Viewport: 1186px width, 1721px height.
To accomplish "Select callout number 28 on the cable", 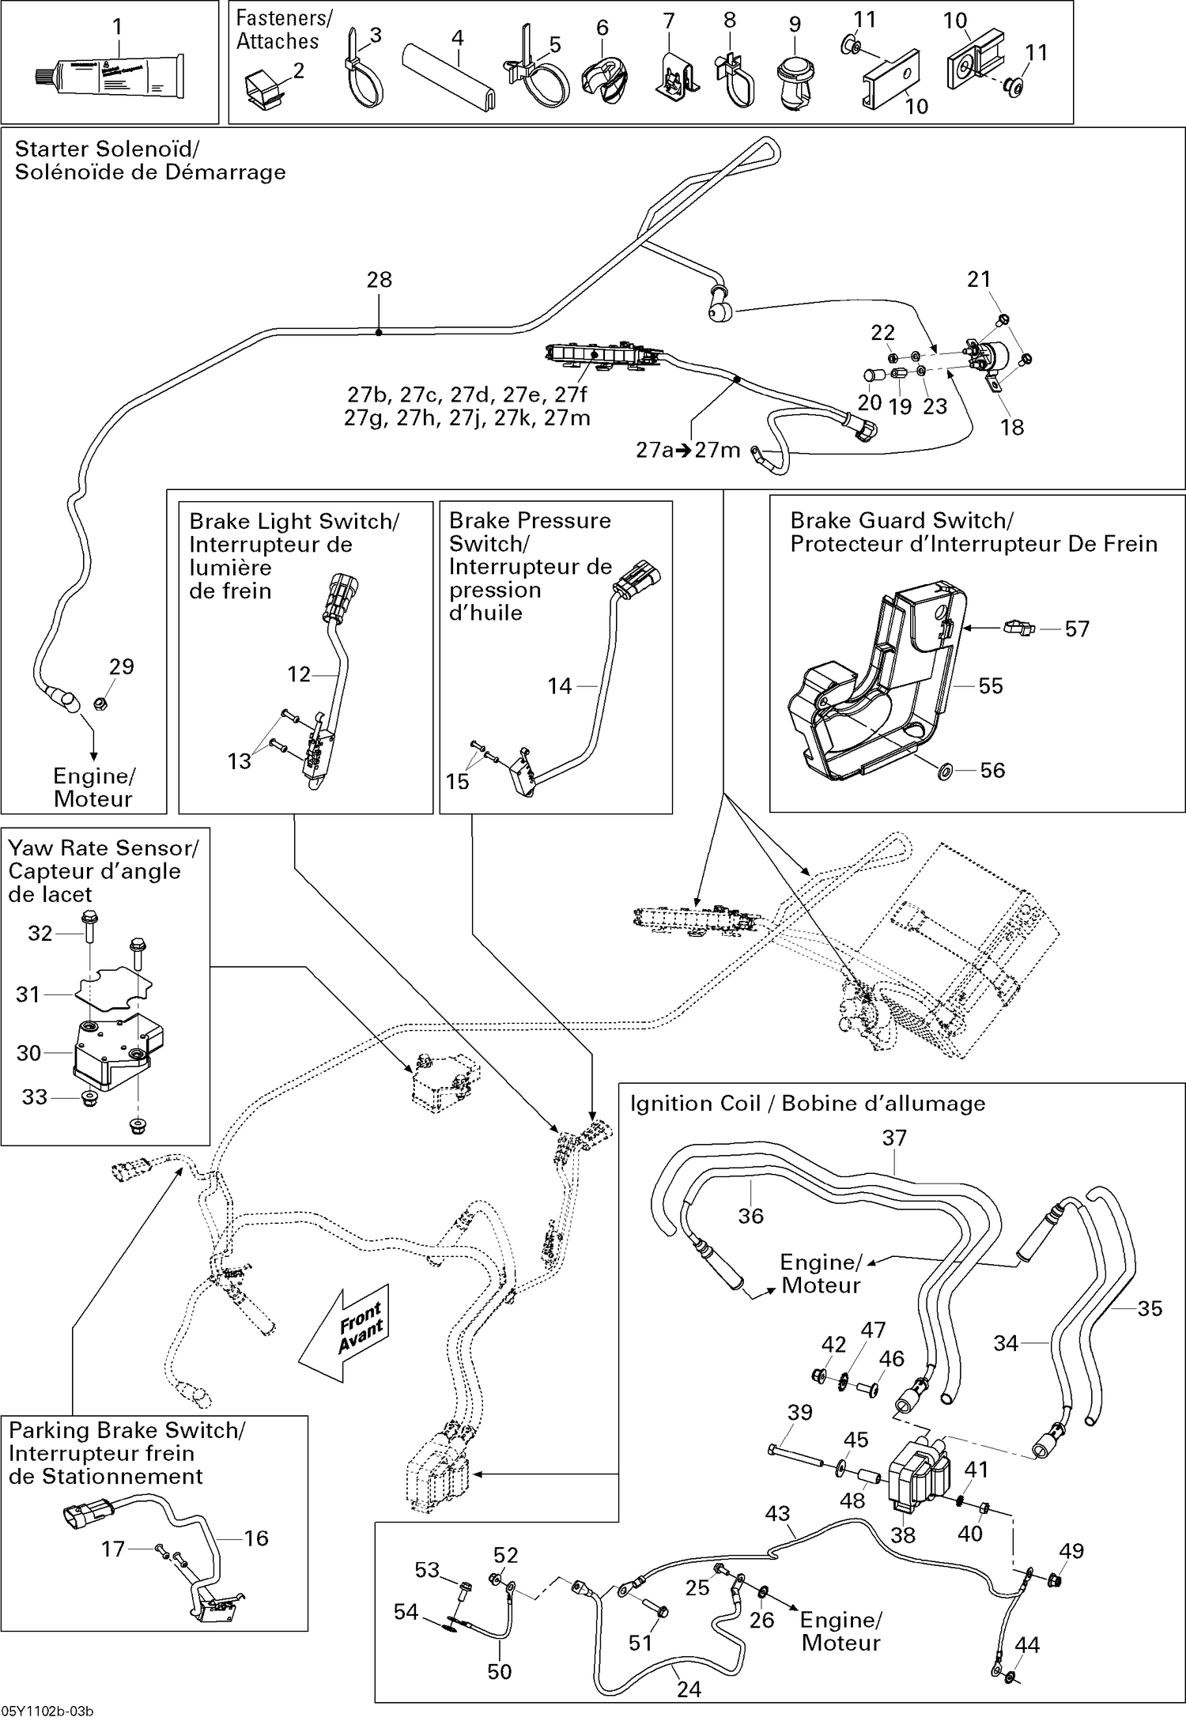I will [380, 280].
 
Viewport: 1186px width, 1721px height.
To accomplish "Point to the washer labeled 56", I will [945, 770].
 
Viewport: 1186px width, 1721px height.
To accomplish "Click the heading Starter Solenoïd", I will [107, 149].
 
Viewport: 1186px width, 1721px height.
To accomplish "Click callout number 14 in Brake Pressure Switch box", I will [559, 686].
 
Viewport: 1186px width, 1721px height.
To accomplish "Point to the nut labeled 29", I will [100, 703].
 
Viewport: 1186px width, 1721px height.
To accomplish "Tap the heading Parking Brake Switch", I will [127, 1430].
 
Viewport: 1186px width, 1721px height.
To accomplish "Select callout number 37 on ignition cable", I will [894, 1138].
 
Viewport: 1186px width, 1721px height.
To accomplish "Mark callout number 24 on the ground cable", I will [689, 1689].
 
